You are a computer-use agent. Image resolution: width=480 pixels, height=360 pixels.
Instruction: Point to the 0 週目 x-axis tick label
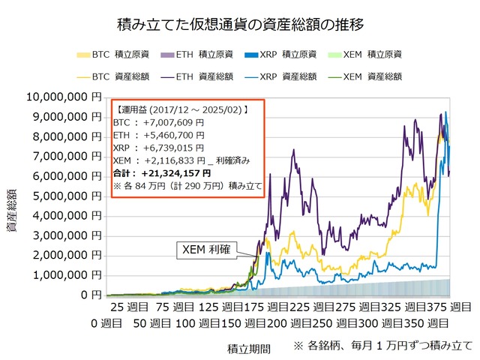click(106, 323)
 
